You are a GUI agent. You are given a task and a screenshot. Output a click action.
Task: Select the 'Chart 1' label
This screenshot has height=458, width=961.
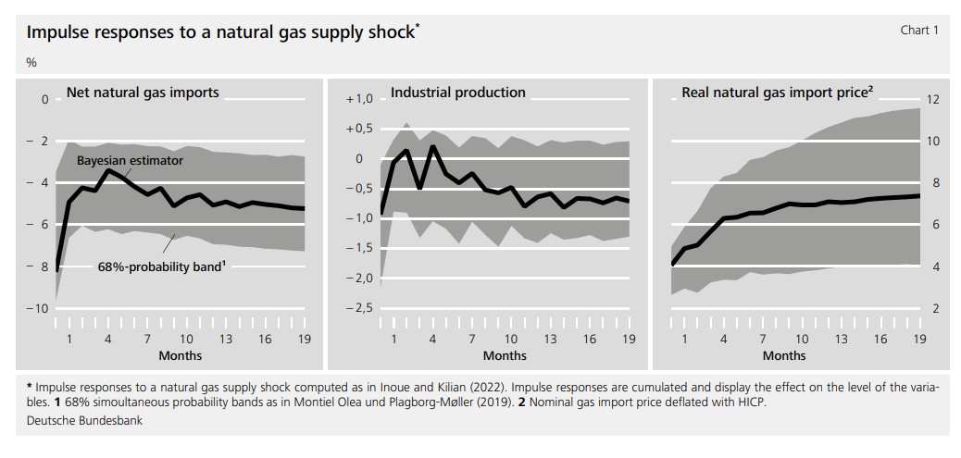coord(919,31)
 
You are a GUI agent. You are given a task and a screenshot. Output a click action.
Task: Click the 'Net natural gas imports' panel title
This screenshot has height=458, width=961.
coord(143,93)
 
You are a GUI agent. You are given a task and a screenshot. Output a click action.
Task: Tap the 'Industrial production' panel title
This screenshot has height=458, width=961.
coord(457,93)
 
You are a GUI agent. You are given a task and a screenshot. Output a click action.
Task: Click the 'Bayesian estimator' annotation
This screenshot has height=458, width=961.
coord(130,160)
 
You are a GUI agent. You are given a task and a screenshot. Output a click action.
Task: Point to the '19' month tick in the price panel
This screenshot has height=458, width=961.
coord(919,340)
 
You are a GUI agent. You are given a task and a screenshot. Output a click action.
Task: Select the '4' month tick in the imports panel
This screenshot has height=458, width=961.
coord(108,340)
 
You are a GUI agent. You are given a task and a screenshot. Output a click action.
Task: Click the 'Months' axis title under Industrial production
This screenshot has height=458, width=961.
coord(505,355)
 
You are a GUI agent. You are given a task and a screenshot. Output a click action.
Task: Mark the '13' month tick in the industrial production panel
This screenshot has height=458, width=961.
coord(550,340)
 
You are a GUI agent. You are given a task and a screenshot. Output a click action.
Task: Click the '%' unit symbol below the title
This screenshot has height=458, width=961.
coord(31,63)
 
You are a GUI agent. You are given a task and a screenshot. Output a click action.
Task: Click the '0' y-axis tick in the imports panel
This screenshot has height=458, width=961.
coord(44,99)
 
